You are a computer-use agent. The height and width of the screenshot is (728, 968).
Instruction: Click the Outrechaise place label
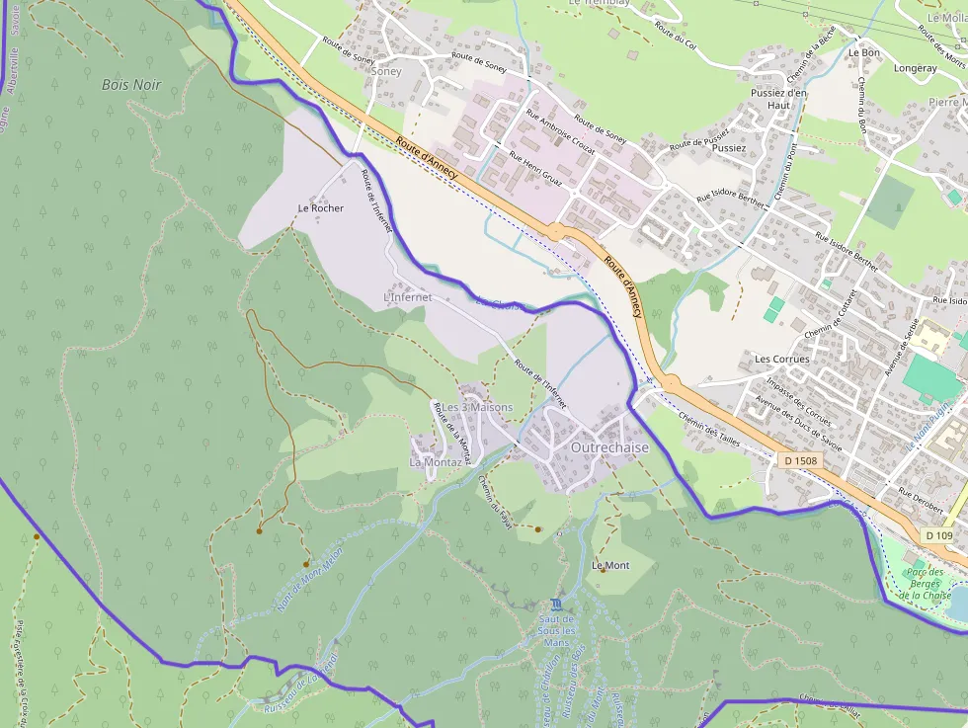(x=609, y=447)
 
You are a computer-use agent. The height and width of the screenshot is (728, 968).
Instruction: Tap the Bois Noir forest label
(x=131, y=85)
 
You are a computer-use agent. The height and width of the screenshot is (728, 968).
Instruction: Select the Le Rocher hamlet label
(x=321, y=208)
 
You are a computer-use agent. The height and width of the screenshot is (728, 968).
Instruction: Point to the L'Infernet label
(x=407, y=296)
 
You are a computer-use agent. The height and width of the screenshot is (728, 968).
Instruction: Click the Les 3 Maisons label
(x=477, y=407)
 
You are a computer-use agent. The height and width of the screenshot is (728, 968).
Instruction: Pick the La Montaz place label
(x=433, y=461)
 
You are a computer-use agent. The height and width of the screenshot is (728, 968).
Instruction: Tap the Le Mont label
(x=610, y=566)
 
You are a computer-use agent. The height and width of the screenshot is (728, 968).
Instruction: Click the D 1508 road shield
(x=800, y=460)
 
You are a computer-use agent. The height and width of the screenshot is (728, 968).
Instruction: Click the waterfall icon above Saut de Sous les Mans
(x=557, y=604)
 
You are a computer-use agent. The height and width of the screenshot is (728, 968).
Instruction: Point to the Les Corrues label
(x=781, y=359)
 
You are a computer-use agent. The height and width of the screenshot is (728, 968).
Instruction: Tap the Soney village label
(x=386, y=71)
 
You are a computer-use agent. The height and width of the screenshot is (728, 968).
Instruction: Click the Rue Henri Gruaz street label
(x=535, y=169)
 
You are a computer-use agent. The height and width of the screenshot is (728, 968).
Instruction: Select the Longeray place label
(x=915, y=68)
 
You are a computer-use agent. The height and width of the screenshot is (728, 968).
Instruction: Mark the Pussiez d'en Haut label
(x=779, y=99)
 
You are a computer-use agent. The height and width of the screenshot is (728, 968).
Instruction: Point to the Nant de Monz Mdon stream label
(x=309, y=579)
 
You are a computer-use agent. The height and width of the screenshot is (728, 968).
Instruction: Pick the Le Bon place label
(x=863, y=52)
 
